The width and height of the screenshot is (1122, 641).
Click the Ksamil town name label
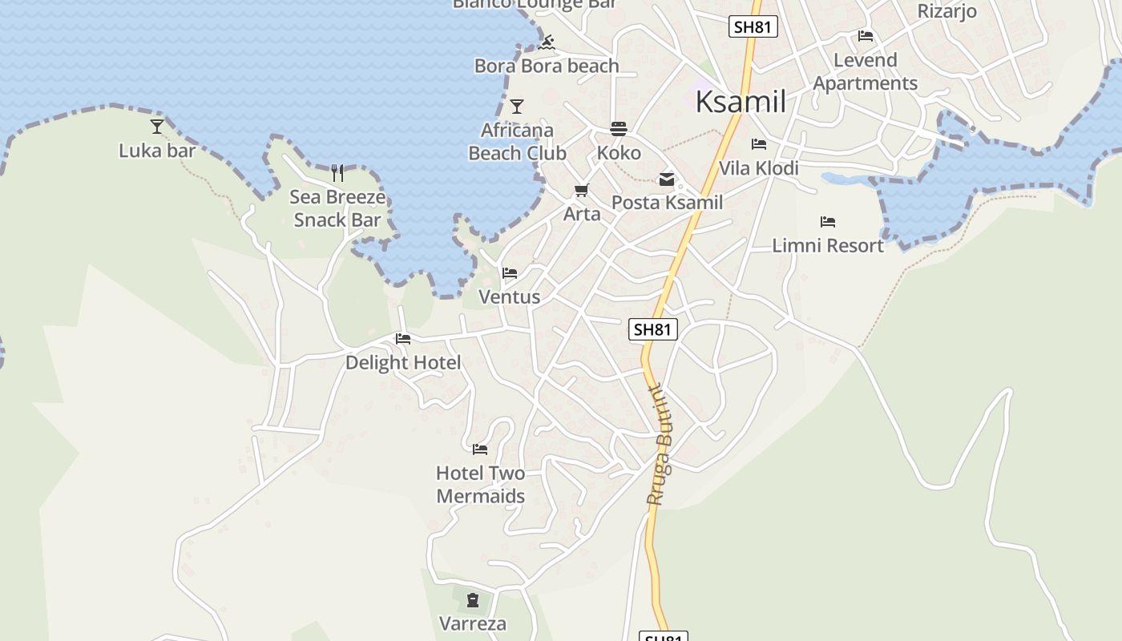coord(741,102)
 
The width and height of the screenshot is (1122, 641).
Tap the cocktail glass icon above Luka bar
coord(157,126)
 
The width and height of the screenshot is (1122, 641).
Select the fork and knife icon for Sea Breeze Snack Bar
coord(337,172)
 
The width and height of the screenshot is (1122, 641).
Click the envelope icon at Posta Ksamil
coord(667,179)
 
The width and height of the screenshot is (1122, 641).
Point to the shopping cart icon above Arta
coord(582,191)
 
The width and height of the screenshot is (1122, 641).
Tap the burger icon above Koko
coord(619,128)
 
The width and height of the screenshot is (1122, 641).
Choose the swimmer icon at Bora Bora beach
coord(547,42)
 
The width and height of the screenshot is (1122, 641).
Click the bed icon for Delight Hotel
coord(403,339)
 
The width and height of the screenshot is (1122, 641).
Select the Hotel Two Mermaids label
coord(481,485)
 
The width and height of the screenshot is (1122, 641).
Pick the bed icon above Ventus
coord(510,272)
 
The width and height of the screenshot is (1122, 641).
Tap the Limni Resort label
coord(828,245)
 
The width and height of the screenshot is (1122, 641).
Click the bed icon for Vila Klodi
coord(759,144)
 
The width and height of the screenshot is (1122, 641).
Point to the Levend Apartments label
coord(866,71)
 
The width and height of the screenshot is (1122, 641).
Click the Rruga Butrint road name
coord(660,445)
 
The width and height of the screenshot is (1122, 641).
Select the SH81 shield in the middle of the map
coord(653,329)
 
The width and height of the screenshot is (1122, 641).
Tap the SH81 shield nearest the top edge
coord(753,26)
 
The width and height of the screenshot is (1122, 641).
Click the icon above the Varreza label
coord(473,599)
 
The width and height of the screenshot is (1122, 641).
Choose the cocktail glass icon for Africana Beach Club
coord(517,106)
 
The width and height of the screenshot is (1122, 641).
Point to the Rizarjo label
coord(947,11)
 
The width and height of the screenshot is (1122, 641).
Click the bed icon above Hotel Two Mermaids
coord(480,449)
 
